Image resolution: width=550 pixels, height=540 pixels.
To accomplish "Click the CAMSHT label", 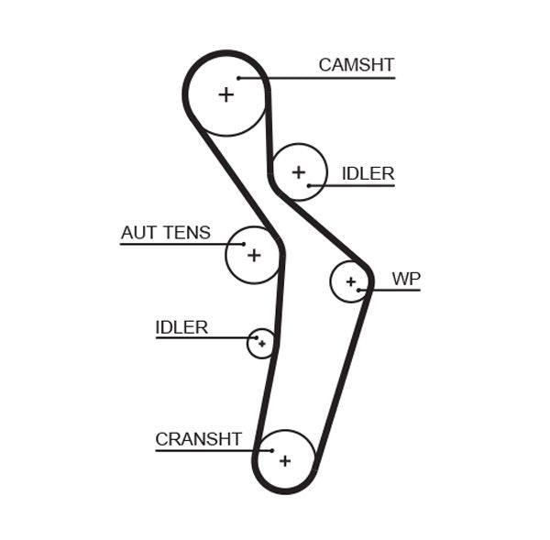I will [x=356, y=65].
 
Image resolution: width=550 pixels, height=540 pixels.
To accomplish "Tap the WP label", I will [x=405, y=278].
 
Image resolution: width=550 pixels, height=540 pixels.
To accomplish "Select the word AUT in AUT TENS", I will [x=139, y=233].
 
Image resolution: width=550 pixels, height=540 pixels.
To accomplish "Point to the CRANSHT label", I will [x=198, y=439].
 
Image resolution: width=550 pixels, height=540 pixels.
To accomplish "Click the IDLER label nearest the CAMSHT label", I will [x=368, y=173].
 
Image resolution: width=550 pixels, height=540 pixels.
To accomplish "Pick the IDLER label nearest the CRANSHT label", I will [x=181, y=327].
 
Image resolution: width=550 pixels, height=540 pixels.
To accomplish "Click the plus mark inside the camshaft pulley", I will [x=225, y=94].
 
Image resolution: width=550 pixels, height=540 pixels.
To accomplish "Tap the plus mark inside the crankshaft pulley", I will [x=285, y=460].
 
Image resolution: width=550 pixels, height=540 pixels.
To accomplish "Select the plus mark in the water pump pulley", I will [x=350, y=281].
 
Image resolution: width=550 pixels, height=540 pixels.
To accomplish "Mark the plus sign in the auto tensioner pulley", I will [x=254, y=255].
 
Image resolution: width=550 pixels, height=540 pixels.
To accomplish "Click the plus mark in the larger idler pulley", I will [x=298, y=171].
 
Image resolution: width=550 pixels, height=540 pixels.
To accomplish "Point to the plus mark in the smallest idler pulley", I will [x=262, y=344].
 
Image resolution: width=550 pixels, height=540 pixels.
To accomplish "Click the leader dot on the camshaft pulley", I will [x=238, y=78].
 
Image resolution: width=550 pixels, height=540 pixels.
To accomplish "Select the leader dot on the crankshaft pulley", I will [x=272, y=450].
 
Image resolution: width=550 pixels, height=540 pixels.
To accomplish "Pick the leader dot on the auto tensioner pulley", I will [x=243, y=245].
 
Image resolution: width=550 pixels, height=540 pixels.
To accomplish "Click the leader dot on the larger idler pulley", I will [x=310, y=185].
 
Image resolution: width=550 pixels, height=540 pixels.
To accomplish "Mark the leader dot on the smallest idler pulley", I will [x=256, y=338].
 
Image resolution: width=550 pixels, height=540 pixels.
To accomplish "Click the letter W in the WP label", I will [x=400, y=278].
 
